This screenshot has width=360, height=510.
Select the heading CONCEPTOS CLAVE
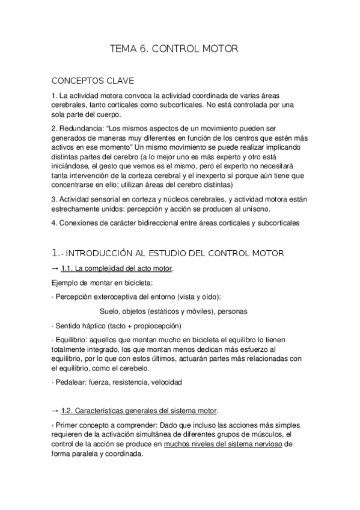93,80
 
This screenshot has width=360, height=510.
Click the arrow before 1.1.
55,268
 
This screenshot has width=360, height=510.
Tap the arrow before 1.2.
55,411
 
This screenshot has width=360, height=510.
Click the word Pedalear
73,382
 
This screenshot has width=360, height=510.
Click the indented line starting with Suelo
174,311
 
